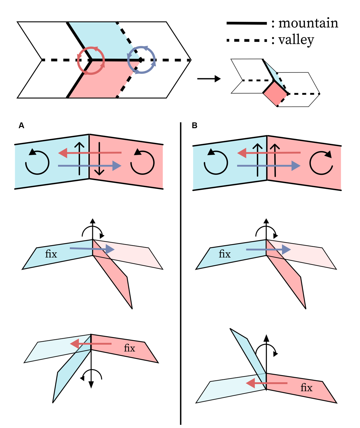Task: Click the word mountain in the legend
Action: point(308,23)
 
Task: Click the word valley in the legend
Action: point(296,40)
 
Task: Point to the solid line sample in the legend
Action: point(246,23)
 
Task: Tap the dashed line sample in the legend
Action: point(246,41)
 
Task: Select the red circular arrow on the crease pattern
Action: point(91,61)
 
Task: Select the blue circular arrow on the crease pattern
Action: point(141,60)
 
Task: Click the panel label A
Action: point(21,126)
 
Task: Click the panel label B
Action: point(195,126)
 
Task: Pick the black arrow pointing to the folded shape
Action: point(209,79)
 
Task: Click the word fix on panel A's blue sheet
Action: point(51,254)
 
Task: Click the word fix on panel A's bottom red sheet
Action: point(130,348)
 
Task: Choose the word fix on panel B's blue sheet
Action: point(225,254)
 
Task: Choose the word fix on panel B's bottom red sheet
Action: point(306,388)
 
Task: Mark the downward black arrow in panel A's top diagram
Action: point(99,159)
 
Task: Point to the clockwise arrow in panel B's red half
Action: point(321,163)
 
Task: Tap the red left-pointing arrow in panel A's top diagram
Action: point(90,153)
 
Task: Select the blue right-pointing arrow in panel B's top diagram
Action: point(268,166)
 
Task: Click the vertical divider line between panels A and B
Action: point(181,272)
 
